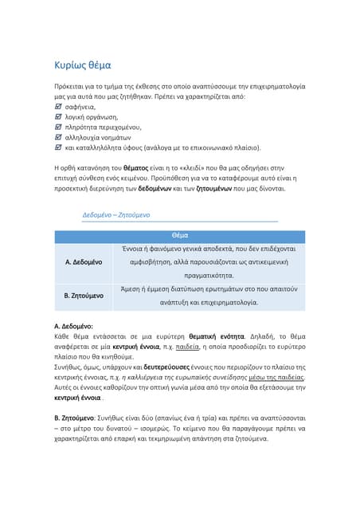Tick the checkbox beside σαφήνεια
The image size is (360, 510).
tap(57, 107)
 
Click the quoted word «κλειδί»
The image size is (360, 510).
tap(196, 169)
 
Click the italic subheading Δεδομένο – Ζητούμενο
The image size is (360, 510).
tap(115, 215)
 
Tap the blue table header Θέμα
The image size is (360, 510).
tap(180, 236)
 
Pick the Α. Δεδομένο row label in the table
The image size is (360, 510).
tap(84, 261)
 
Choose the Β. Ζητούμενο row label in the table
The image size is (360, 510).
tap(84, 296)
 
